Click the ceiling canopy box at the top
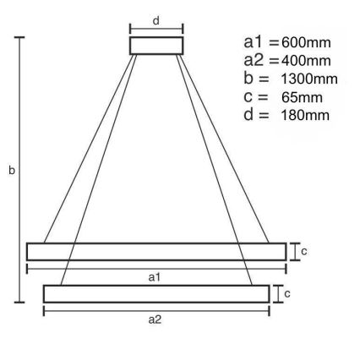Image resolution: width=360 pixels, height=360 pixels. [x=156, y=45]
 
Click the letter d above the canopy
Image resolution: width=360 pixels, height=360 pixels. [x=155, y=19]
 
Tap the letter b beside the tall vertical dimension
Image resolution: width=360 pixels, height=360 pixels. [x=11, y=171]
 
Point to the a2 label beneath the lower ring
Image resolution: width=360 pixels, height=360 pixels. [x=155, y=320]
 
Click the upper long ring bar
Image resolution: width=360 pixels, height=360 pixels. [x=156, y=251]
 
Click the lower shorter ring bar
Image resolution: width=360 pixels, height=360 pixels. [x=156, y=293]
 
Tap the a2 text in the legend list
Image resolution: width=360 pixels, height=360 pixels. [x=253, y=62]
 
